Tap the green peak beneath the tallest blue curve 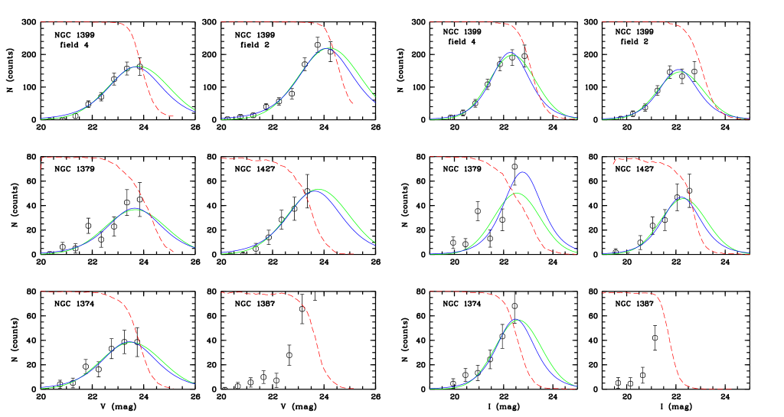point(517,194)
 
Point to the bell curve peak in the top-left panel point(139,67)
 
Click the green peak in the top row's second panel point(328,48)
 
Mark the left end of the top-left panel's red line point(41,22)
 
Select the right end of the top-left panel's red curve point(173,116)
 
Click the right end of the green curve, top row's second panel point(375,96)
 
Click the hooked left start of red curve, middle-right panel point(612,164)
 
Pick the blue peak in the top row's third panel point(511,53)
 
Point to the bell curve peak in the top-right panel point(679,71)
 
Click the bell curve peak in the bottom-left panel point(132,342)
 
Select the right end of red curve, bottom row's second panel point(354,388)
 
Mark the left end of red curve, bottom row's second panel point(221,293)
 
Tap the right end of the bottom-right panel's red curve point(731,389)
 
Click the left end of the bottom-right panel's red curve point(603,293)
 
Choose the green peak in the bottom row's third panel point(518,320)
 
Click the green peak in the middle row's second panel point(318,189)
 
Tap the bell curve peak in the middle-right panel point(682,199)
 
